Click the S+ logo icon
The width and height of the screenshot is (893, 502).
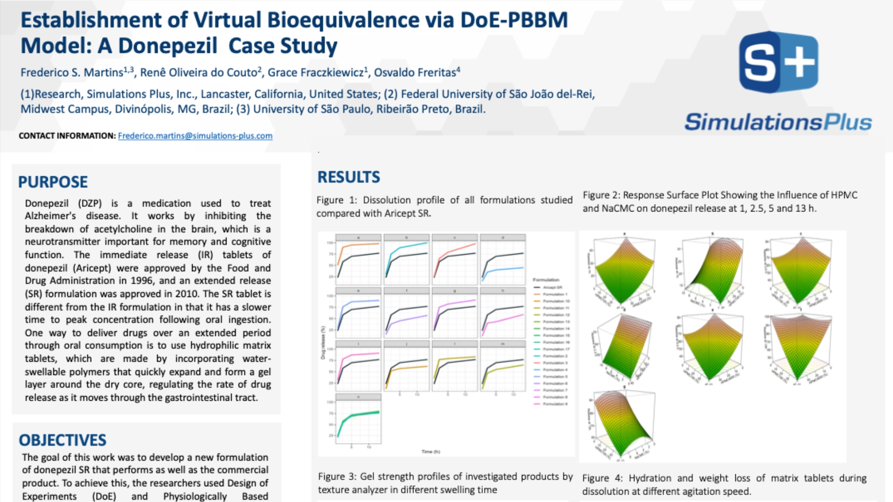coord(778,62)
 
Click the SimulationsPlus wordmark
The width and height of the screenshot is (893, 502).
coord(778,122)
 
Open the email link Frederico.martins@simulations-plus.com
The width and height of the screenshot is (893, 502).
coord(195,136)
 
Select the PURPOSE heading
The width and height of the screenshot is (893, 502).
coord(53,182)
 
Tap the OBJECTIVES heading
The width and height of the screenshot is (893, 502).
coord(62,440)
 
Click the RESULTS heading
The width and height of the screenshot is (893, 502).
coord(348,177)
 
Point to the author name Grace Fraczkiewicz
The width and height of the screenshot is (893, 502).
coord(315,73)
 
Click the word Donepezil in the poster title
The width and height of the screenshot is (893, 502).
coord(167,46)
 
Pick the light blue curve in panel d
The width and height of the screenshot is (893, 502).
coord(505,269)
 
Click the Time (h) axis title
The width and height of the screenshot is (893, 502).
coord(431,451)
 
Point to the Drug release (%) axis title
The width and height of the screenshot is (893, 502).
coord(322,343)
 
